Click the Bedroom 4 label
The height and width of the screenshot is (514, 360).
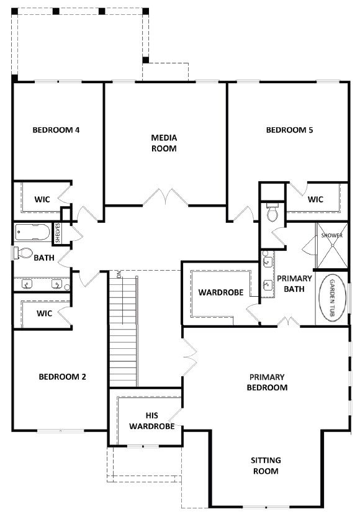coord(56,130)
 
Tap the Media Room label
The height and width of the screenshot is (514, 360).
coord(164,143)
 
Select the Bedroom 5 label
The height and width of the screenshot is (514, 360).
coord(289,130)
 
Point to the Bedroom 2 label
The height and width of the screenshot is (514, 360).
coord(62,377)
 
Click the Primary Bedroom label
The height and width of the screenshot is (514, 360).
coord(268,382)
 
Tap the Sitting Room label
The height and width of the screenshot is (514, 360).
coord(266,466)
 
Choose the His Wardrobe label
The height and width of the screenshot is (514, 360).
coord(152,421)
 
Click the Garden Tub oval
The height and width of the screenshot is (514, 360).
coord(333,297)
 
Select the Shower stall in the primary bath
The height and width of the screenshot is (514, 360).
coord(331,246)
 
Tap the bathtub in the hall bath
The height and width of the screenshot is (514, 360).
coord(32,232)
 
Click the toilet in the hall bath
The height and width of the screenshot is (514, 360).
coord(23,253)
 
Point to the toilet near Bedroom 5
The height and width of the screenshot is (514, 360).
coord(272,212)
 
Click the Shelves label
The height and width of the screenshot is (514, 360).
coord(58,233)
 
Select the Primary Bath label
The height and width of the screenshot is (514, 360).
coord(294,284)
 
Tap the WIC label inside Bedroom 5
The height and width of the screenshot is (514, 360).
coord(315,199)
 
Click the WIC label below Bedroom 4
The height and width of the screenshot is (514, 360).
coord(42,199)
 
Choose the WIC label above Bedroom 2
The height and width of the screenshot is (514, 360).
coord(44,313)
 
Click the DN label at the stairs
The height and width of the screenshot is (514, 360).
coord(119,274)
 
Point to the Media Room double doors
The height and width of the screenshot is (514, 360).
coord(166,197)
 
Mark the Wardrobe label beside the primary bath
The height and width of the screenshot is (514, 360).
coord(221,292)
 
